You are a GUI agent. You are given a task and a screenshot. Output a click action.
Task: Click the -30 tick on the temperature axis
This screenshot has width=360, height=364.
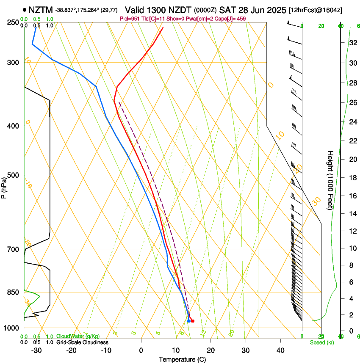pos(36,350)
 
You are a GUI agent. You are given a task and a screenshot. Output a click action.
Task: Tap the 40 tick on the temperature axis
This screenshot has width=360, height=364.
pos(280,350)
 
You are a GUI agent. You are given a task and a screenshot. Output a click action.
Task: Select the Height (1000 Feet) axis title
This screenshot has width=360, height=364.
pos(330,180)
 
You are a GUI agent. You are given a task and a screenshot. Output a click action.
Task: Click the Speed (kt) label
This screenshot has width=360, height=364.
pos(321,342)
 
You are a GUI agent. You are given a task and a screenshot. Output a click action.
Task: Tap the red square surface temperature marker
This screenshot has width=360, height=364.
pos(193,321)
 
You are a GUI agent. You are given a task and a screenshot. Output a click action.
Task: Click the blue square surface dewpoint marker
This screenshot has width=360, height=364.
pos(188,321)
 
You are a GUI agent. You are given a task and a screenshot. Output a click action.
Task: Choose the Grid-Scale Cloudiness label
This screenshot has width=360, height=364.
pos(82,342)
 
